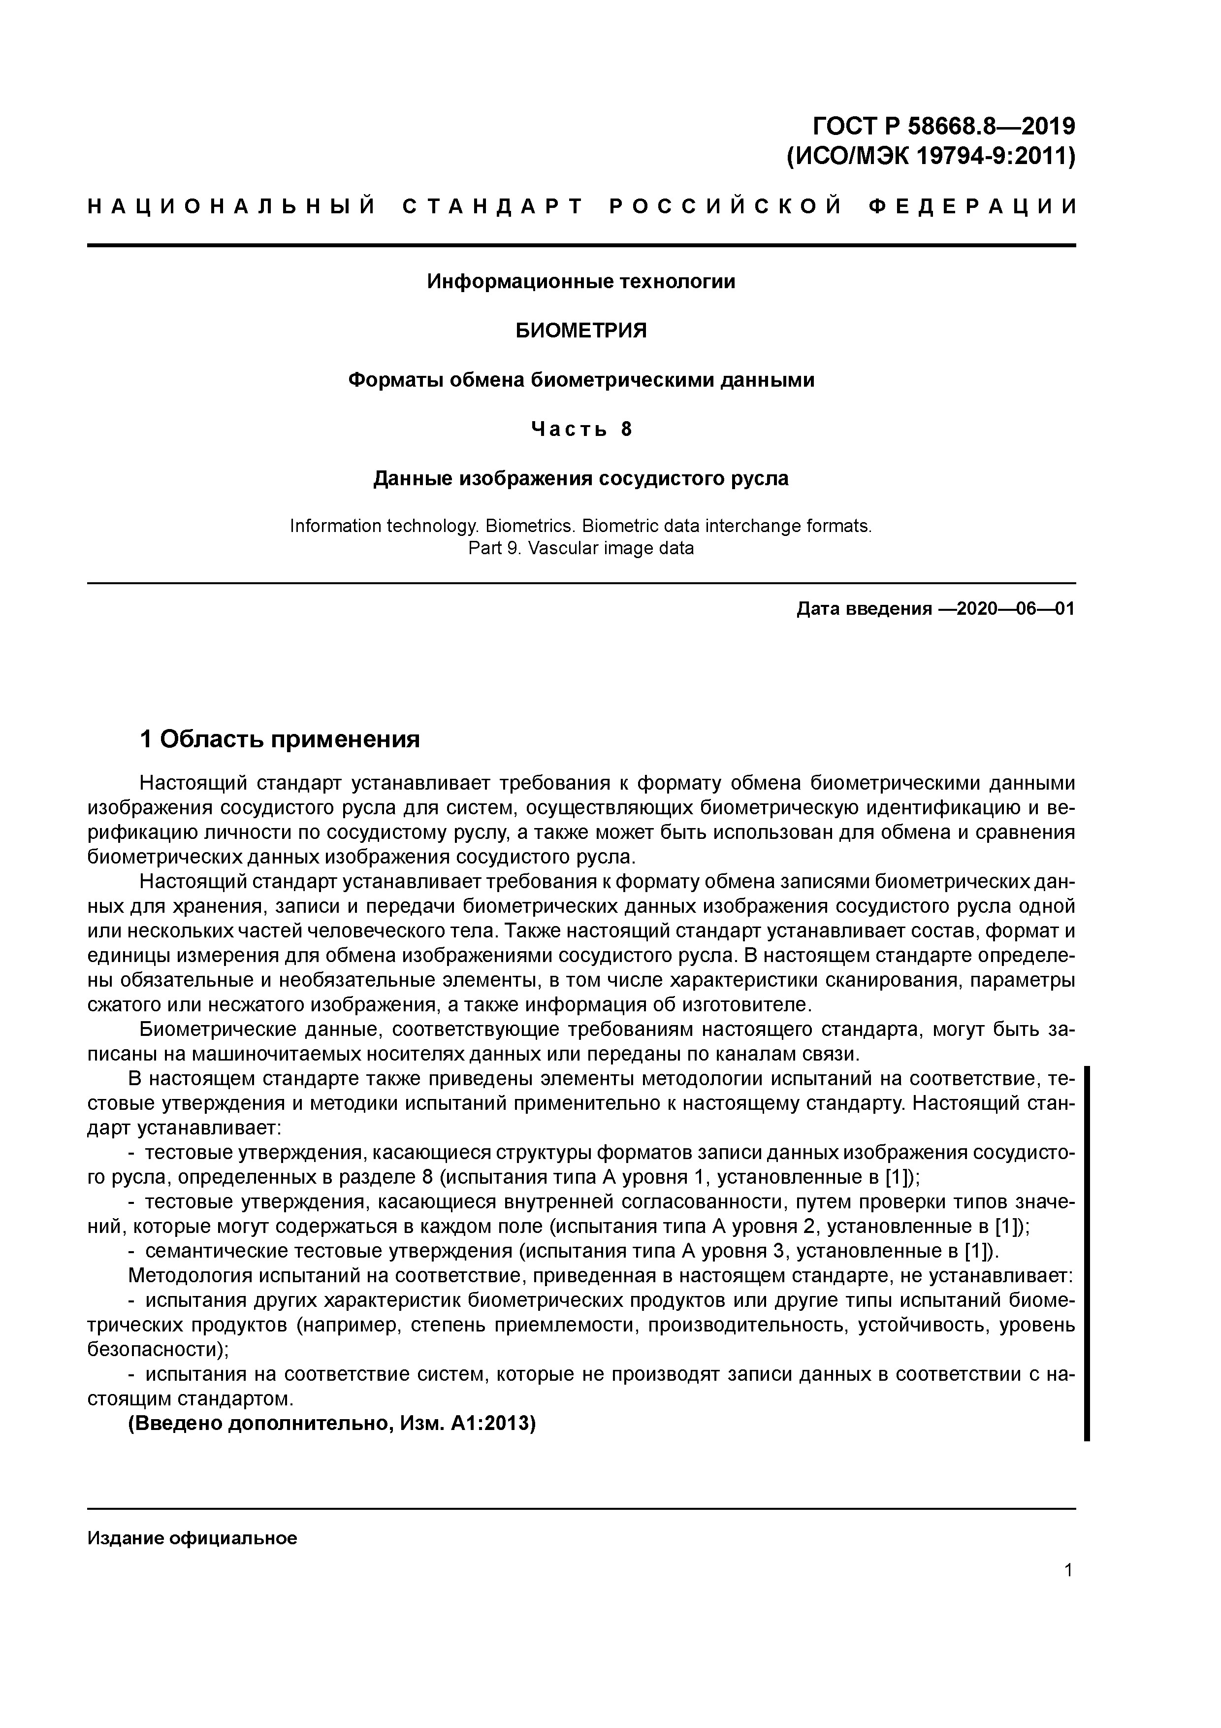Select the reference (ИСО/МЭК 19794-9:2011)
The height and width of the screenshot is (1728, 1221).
[931, 157]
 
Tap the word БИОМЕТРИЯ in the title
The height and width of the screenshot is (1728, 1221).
[581, 331]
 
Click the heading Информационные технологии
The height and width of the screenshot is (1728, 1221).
[581, 281]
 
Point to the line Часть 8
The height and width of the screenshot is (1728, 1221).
[581, 429]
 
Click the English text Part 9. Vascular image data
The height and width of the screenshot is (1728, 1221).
[581, 548]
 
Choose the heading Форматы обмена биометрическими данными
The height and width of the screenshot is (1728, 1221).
[581, 380]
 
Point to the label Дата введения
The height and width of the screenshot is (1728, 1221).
[864, 608]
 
